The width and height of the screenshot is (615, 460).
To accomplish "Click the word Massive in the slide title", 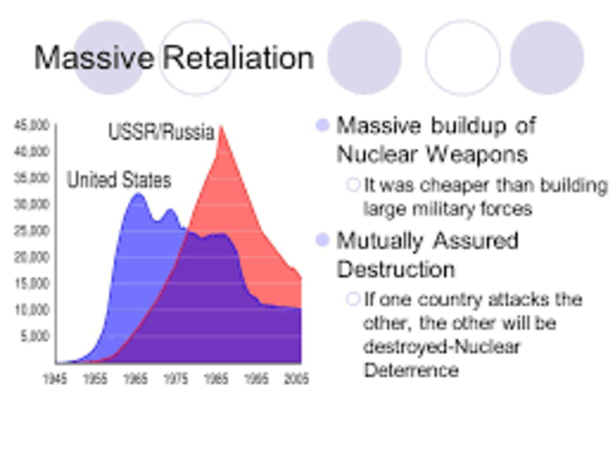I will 92,59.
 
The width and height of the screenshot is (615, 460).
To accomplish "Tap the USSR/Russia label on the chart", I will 160,133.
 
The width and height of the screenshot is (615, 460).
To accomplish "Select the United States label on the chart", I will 118,181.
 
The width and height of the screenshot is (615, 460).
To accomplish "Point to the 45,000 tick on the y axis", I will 32,126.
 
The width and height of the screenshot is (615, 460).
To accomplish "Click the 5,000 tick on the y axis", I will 35,337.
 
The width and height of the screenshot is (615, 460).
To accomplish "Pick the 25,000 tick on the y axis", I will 32,231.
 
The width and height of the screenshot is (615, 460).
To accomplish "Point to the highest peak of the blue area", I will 137,194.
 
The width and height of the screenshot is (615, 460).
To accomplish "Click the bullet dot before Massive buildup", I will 322,126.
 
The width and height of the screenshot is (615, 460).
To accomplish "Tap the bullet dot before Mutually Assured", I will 322,240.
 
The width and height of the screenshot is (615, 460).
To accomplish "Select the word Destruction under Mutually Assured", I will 395,268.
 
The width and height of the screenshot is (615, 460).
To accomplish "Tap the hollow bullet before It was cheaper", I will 353,185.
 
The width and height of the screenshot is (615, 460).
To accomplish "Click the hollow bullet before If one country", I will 353,300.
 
